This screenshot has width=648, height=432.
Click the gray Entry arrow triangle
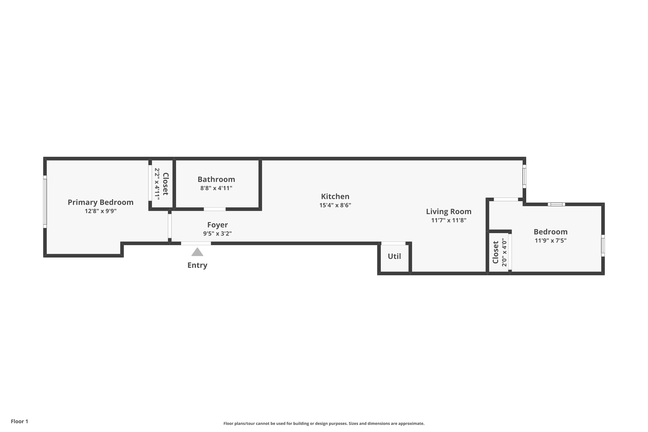tap(197, 252)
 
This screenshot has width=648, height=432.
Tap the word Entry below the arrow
tap(197, 265)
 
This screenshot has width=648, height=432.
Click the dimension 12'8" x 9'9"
tap(101, 211)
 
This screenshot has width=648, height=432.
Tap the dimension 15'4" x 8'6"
tap(335, 205)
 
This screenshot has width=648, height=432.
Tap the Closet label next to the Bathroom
tap(165, 184)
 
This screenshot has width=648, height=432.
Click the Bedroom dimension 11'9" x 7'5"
tap(551, 241)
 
